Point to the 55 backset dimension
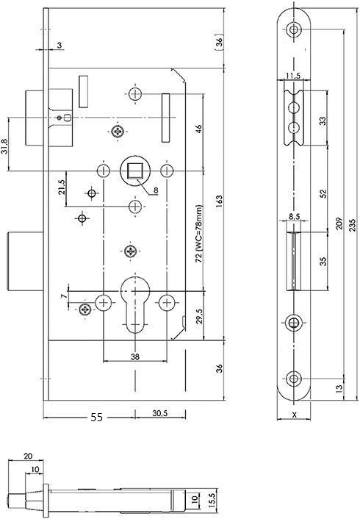coord(96,417)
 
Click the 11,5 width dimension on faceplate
coord(292,76)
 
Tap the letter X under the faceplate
coord(294,414)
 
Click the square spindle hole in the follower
coord(134,171)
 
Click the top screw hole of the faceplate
coord(295,30)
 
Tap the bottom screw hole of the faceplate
coord(294,379)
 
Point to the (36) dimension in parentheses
coord(219,43)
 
